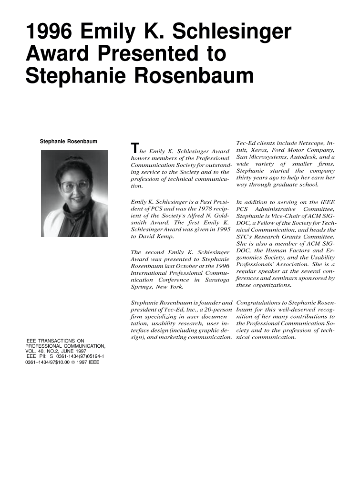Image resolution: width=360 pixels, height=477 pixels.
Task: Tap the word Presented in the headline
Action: click(x=143, y=53)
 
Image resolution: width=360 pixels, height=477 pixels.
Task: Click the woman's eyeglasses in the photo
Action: click(x=75, y=185)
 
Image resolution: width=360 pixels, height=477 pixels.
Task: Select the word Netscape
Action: click(x=304, y=143)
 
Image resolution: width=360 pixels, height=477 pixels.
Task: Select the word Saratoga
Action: click(x=217, y=280)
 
